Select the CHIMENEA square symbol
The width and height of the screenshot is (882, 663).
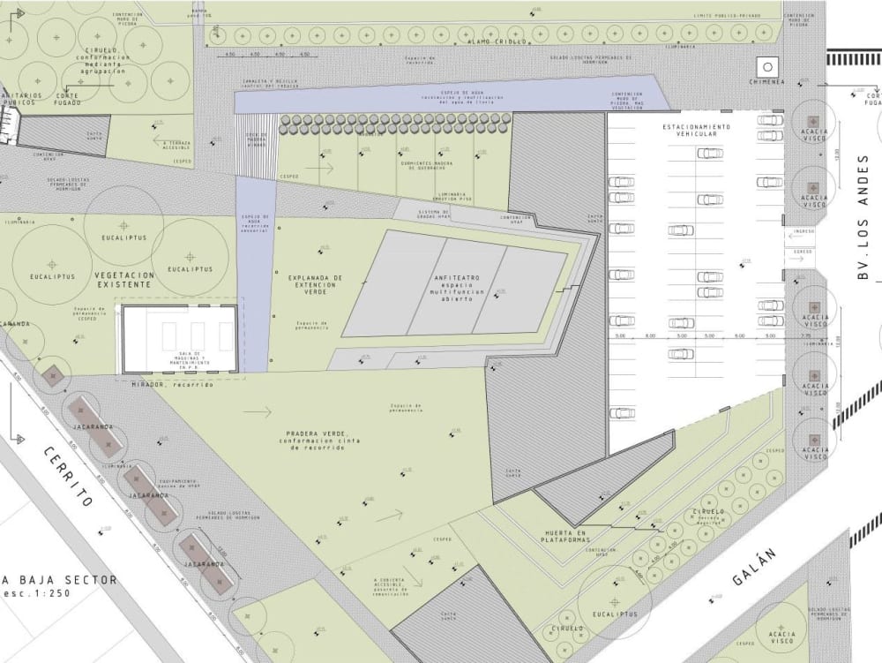click(766, 66)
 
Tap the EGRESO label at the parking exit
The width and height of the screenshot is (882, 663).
click(804, 252)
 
